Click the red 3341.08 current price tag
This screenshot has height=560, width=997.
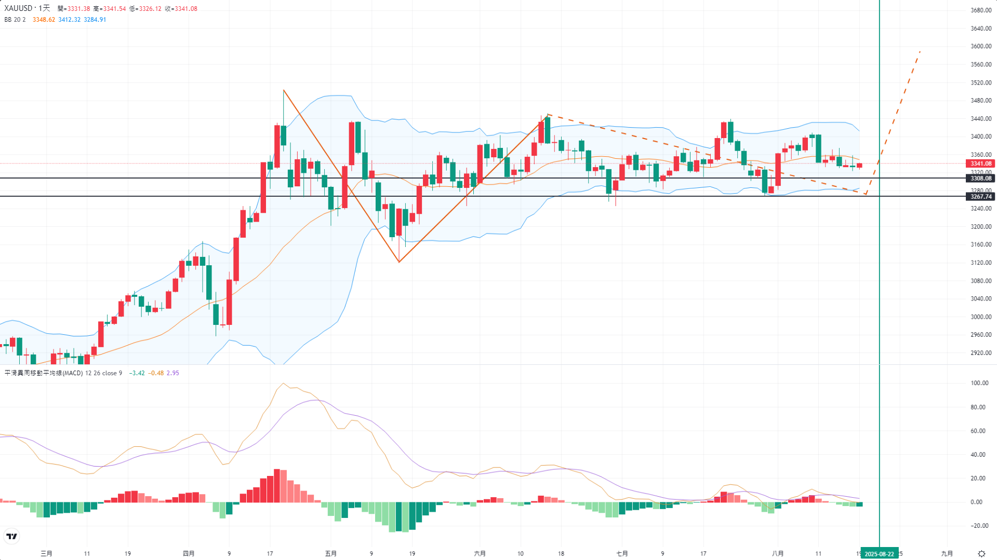coord(980,163)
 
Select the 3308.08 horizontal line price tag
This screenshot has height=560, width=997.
coord(980,179)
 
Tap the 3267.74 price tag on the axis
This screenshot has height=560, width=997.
coord(980,197)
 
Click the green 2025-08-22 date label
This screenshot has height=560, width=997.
coord(879,554)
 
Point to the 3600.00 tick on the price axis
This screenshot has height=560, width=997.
coord(980,47)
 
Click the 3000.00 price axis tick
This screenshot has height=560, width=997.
coord(980,317)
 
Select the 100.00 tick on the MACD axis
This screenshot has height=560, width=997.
coord(979,384)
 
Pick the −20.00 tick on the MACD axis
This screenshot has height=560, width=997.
coord(979,526)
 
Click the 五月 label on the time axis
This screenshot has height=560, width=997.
coord(330,554)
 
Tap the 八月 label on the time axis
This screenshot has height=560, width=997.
coord(778,554)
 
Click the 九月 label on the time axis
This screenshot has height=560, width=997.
coord(947,554)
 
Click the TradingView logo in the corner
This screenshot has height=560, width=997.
coord(11,536)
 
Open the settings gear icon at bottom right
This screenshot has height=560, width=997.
coord(981,554)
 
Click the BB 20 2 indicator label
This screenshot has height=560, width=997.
coord(15,20)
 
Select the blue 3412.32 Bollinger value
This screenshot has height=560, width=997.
coord(69,20)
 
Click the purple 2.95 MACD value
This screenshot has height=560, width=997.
coord(172,373)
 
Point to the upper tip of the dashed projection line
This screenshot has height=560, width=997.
coord(920,51)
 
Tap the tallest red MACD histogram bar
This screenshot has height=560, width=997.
coord(277,485)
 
